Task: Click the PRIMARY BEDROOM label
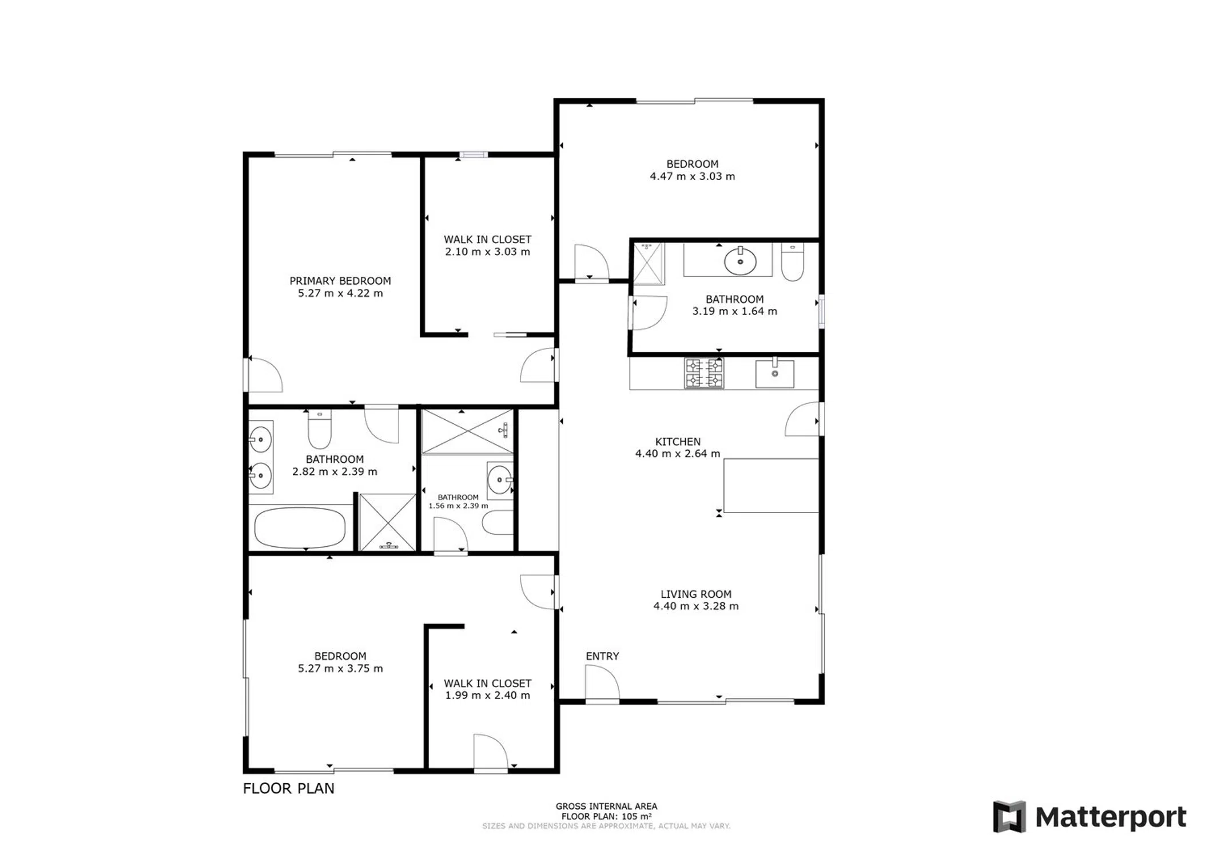pyautogui.click(x=340, y=281)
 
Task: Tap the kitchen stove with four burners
pyautogui.click(x=705, y=373)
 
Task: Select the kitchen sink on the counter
pyautogui.click(x=775, y=374)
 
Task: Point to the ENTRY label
pyautogui.click(x=602, y=656)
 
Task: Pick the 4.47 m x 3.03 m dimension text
pyautogui.click(x=692, y=177)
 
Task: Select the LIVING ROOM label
pyautogui.click(x=696, y=594)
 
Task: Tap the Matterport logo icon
pyautogui.click(x=1009, y=816)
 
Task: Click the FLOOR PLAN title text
pyautogui.click(x=289, y=788)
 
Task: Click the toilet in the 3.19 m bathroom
pyautogui.click(x=793, y=262)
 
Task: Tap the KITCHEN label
pyautogui.click(x=678, y=442)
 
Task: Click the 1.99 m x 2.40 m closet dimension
pyautogui.click(x=488, y=696)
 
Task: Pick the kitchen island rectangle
pyautogui.click(x=771, y=486)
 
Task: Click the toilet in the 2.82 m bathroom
pyautogui.click(x=320, y=430)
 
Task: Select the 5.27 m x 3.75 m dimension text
pyautogui.click(x=340, y=669)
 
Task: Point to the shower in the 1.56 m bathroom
pyautogui.click(x=467, y=432)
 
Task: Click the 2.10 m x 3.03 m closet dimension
pyautogui.click(x=488, y=252)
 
